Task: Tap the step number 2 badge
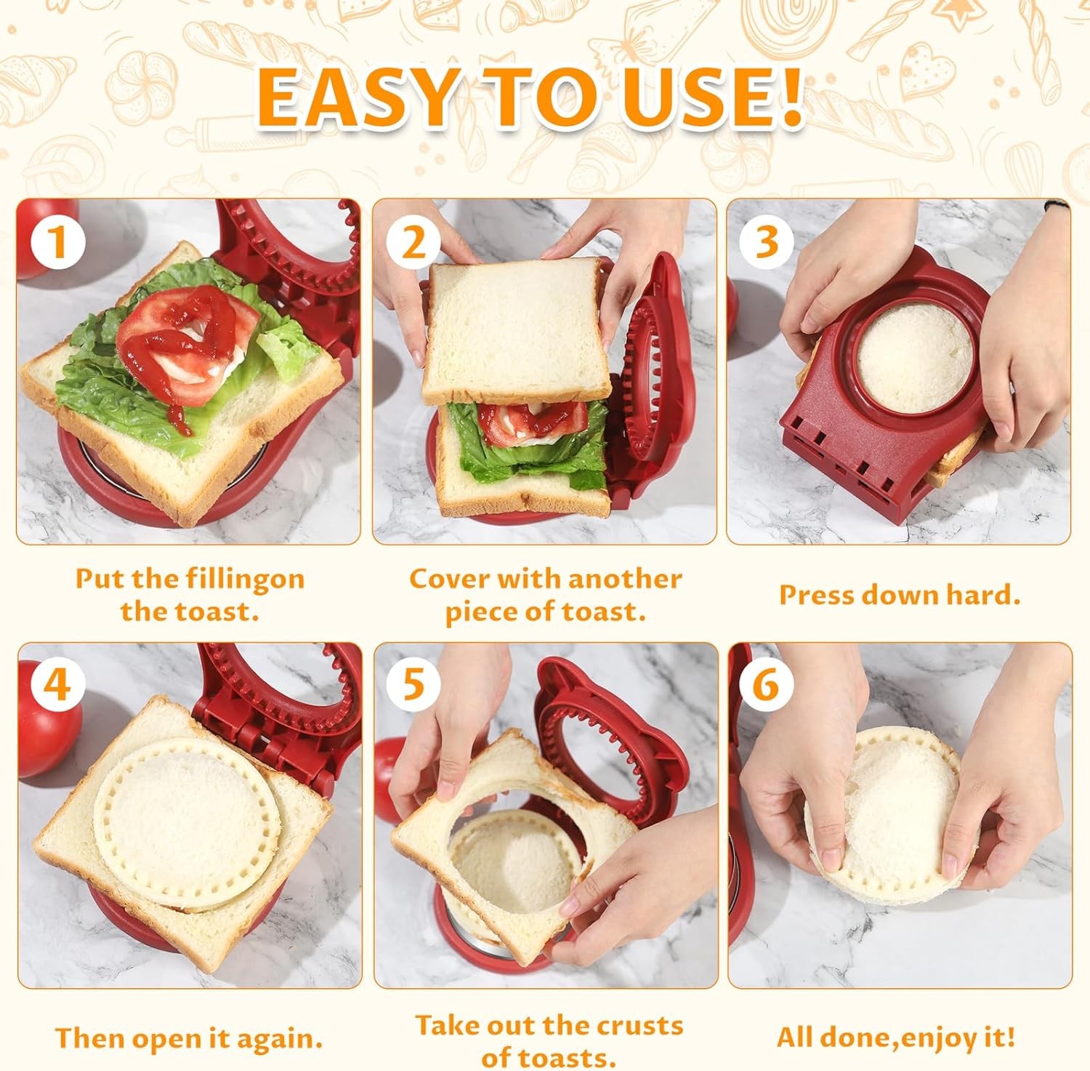click(412, 242)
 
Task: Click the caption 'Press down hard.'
click(900, 595)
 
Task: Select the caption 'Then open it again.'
click(189, 1038)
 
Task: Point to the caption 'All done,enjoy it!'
click(895, 1036)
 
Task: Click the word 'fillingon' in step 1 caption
click(245, 579)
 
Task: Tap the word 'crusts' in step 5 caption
click(637, 1025)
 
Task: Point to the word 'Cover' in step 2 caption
click(448, 579)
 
